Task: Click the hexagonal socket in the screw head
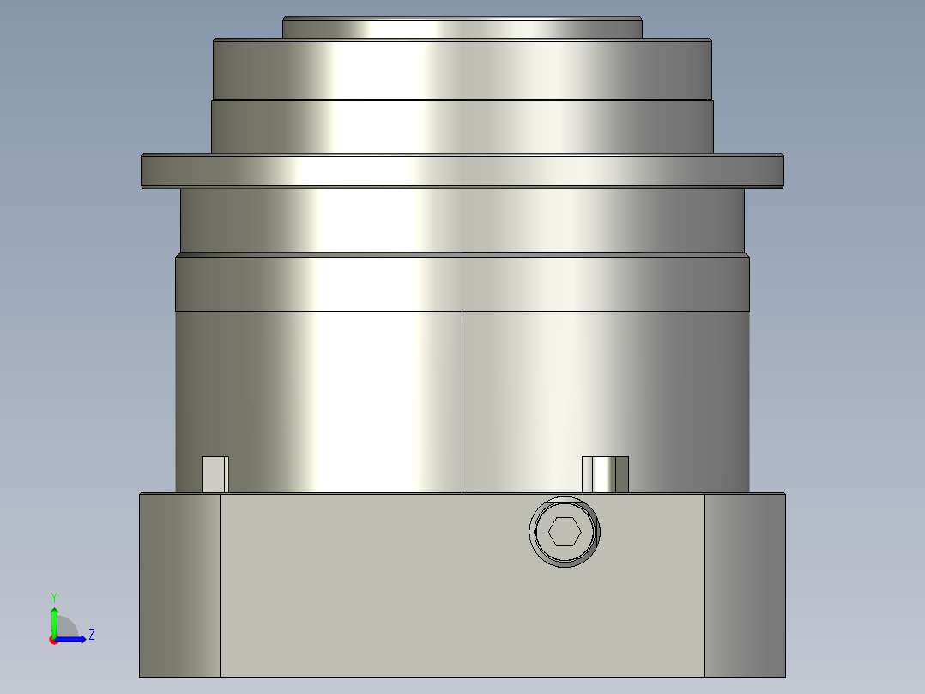coord(564,532)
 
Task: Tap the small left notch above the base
coord(215,474)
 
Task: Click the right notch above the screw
coord(605,474)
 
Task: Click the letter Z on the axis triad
coord(91,635)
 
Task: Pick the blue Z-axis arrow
coord(73,638)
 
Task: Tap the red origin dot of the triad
coord(53,640)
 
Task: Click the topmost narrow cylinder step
coord(462,28)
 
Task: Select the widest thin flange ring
coord(462,171)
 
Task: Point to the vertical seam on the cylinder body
coord(462,401)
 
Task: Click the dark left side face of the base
coord(179,584)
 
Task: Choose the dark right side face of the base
coord(744,584)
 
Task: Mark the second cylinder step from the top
coord(462,70)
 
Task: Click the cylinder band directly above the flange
coord(462,127)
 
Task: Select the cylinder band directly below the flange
coord(462,220)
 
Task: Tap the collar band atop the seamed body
coord(462,282)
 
